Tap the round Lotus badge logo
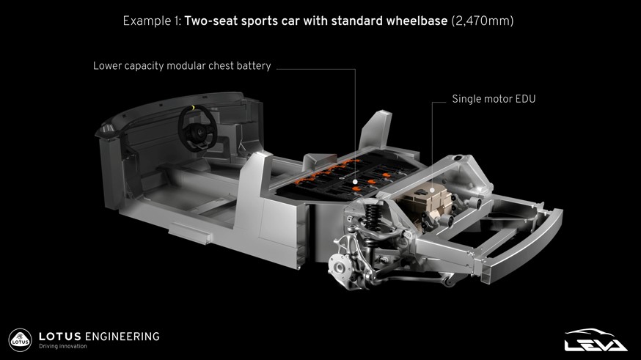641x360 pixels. [20, 340]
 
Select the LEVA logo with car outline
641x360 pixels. [596, 340]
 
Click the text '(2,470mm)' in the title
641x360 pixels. [483, 21]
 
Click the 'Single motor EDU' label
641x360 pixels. [494, 99]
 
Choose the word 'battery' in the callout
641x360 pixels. [254, 66]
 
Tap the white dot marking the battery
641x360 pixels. [355, 181]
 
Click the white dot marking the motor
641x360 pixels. [432, 191]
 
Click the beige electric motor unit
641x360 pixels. [425, 202]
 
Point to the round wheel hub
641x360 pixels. [339, 268]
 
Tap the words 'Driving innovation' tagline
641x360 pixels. [63, 346]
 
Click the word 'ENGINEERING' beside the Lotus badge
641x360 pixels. [122, 337]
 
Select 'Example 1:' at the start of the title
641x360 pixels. [152, 21]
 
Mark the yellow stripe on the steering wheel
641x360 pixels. [193, 108]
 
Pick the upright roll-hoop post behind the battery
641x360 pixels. [376, 130]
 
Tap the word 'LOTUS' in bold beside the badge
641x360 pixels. [60, 337]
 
